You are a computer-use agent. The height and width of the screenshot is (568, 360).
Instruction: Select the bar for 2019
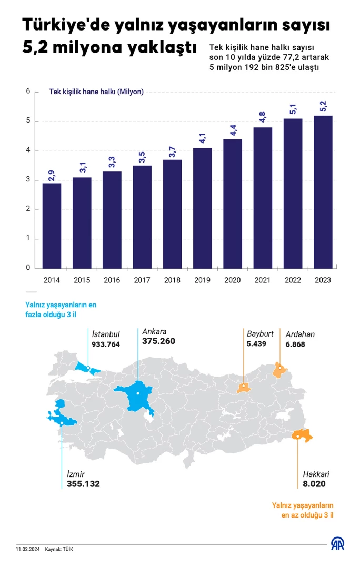click(x=202, y=208)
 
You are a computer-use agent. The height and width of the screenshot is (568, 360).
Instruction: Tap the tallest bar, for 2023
click(x=323, y=191)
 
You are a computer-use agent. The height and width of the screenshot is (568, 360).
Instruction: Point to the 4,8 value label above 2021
click(x=263, y=117)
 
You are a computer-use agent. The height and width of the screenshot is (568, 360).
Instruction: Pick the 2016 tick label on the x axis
click(x=112, y=280)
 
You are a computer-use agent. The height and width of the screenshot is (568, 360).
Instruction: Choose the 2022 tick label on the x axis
click(x=293, y=280)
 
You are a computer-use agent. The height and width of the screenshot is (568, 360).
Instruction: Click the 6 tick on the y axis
click(x=28, y=92)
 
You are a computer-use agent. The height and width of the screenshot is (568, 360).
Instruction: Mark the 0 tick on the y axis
click(x=28, y=268)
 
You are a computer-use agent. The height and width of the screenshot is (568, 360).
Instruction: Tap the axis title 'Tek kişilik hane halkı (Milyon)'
click(x=96, y=92)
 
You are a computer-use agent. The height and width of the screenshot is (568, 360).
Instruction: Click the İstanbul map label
click(x=106, y=334)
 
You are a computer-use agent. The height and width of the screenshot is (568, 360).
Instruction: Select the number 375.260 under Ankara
click(x=158, y=341)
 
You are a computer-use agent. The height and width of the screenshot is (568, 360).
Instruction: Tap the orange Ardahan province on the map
click(x=278, y=370)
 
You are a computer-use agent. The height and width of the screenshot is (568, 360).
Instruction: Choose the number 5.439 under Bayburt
click(x=256, y=344)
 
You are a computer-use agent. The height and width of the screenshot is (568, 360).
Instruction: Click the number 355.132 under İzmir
click(x=83, y=484)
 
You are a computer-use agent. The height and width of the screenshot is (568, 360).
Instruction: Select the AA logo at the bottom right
click(x=337, y=544)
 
